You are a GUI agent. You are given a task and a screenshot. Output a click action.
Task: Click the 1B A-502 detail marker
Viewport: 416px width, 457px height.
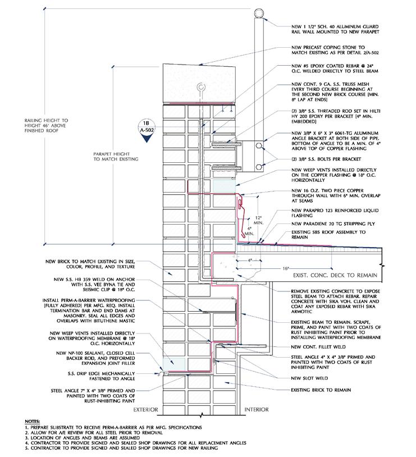point(147,127)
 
